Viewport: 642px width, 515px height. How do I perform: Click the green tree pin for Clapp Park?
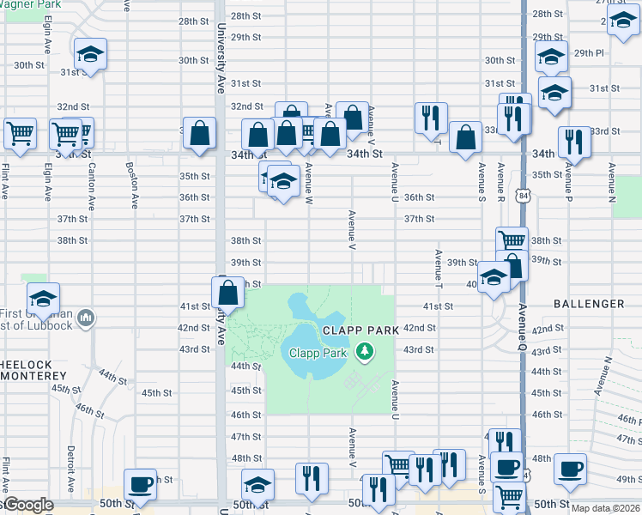366,351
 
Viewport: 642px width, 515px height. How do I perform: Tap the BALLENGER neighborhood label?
589,304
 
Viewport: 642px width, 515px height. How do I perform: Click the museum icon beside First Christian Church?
85,319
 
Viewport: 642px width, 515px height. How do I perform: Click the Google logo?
27,505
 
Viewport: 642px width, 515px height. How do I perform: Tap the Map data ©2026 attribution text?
605,508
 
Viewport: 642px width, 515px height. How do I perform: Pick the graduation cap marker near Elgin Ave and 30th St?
89,55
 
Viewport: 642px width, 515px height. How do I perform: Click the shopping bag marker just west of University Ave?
199,133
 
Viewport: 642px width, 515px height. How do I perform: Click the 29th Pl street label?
590,53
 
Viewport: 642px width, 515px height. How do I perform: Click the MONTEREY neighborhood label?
34,376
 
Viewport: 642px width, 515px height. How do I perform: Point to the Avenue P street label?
566,183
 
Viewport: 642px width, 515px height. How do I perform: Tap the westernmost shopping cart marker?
19,133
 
